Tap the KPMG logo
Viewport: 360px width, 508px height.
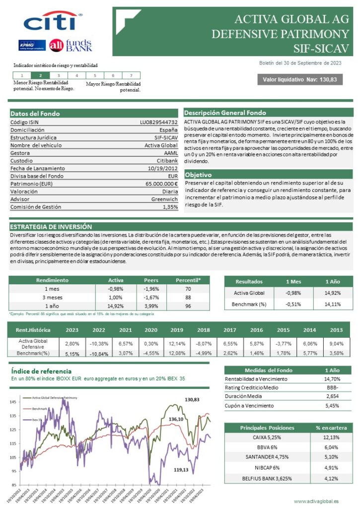tap(33, 46)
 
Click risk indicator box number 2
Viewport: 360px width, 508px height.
tap(40, 75)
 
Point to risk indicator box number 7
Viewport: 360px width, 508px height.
tap(131, 75)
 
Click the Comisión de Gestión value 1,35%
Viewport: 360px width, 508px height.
tap(170, 207)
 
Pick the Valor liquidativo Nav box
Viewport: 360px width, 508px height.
tap(299, 80)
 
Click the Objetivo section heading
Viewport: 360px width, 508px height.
tap(198, 175)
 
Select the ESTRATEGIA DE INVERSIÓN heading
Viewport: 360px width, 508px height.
tap(51, 226)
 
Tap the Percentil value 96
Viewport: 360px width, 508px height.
tap(188, 306)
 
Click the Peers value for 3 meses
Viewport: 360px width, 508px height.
tap(151, 297)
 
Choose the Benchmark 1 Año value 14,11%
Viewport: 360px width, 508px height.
tap(332, 304)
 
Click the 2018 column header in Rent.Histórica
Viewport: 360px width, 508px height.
tap(203, 330)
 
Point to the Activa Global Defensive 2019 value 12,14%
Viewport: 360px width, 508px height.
tap(176, 343)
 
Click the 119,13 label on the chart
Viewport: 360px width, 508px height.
tap(181, 470)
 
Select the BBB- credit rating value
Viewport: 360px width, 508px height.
tap(332, 387)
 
